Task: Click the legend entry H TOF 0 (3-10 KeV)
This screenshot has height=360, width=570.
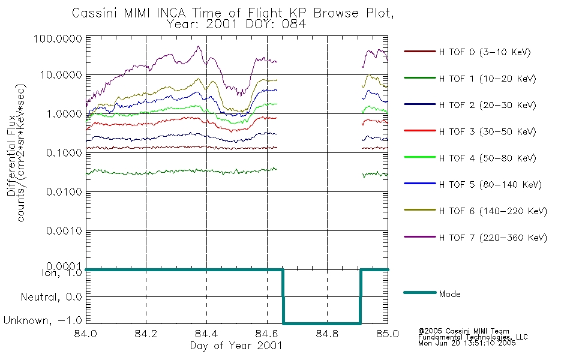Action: (467, 52)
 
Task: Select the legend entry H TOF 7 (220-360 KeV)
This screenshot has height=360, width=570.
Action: (475, 238)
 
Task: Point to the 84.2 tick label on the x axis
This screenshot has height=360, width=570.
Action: (146, 334)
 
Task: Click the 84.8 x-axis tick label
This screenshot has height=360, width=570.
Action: (327, 334)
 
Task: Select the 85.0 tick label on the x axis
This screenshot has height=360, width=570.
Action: (388, 334)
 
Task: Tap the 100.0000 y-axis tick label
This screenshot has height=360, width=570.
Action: (58, 38)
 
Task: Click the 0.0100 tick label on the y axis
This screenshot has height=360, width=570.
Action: (64, 191)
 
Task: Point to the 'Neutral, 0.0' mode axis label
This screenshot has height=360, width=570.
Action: (51, 297)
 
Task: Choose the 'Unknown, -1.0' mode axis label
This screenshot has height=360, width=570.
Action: (43, 320)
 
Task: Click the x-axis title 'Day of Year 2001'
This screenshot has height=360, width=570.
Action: (236, 346)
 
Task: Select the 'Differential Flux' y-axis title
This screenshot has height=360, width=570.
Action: (11, 155)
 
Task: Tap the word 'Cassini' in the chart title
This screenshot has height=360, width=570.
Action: (95, 13)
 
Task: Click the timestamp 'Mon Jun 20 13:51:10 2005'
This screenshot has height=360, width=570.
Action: (467, 343)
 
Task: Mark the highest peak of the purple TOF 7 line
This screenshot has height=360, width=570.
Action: (199, 46)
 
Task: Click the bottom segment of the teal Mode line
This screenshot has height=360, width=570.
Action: (322, 323)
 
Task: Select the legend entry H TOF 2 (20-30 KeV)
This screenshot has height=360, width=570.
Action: (470, 105)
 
